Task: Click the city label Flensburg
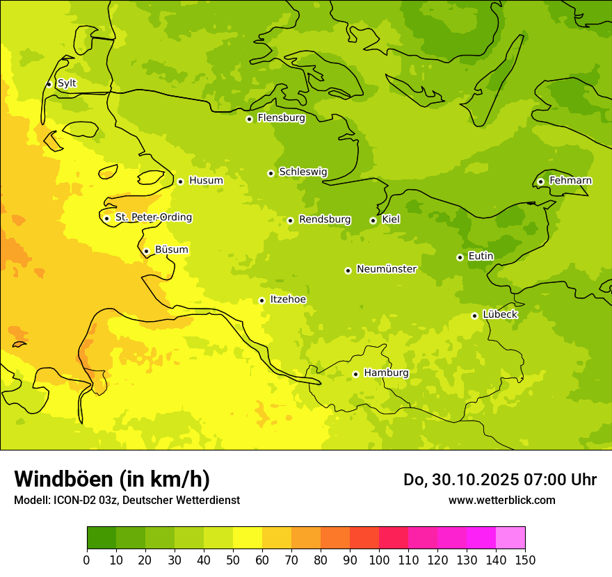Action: point(281,118)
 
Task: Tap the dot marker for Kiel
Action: point(373,220)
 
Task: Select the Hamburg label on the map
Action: point(386,373)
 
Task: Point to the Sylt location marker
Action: point(49,84)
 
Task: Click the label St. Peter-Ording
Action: point(153,218)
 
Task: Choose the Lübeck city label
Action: point(500,315)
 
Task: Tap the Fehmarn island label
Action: point(570,181)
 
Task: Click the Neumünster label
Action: point(386,269)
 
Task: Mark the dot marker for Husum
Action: point(180,181)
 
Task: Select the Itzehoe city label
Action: point(288,300)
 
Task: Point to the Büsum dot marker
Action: point(146,251)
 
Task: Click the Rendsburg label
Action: point(325,220)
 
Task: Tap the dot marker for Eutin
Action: point(460,257)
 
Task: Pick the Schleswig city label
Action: point(303,172)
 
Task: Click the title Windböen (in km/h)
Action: point(112,479)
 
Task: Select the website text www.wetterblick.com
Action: point(501,501)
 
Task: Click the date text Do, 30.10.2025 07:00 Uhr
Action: point(499,480)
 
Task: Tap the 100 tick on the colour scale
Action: point(379,560)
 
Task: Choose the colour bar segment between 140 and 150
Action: point(510,538)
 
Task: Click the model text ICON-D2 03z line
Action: point(127,501)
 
